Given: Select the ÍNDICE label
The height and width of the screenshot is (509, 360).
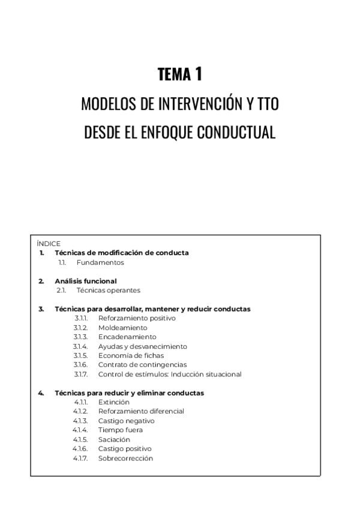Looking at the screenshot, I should [49, 244].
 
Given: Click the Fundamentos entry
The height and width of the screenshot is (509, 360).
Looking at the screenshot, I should [100, 262].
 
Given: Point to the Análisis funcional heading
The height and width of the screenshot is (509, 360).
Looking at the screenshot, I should [85, 281].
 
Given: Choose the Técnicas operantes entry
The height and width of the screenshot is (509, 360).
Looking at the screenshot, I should [108, 290].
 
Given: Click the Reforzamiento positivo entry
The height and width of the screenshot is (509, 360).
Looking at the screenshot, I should [137, 318].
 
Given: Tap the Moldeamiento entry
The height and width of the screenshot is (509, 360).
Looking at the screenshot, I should [122, 328].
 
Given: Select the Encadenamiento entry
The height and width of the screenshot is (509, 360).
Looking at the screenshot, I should [127, 337].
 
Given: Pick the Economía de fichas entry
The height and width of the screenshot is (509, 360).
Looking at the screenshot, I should [131, 355].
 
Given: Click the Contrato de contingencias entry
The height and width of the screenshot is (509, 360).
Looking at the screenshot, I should [142, 365].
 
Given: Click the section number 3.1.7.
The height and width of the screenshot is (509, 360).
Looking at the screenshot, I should [81, 374].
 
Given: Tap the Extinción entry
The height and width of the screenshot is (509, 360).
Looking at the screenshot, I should [113, 402].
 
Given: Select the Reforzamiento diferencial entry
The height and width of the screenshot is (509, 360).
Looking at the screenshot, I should [141, 411].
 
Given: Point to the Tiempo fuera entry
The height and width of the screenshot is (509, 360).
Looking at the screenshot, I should [120, 430].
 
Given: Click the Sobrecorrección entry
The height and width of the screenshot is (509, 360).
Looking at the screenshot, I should [125, 458].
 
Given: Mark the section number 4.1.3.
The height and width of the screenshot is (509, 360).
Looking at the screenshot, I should [81, 421].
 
